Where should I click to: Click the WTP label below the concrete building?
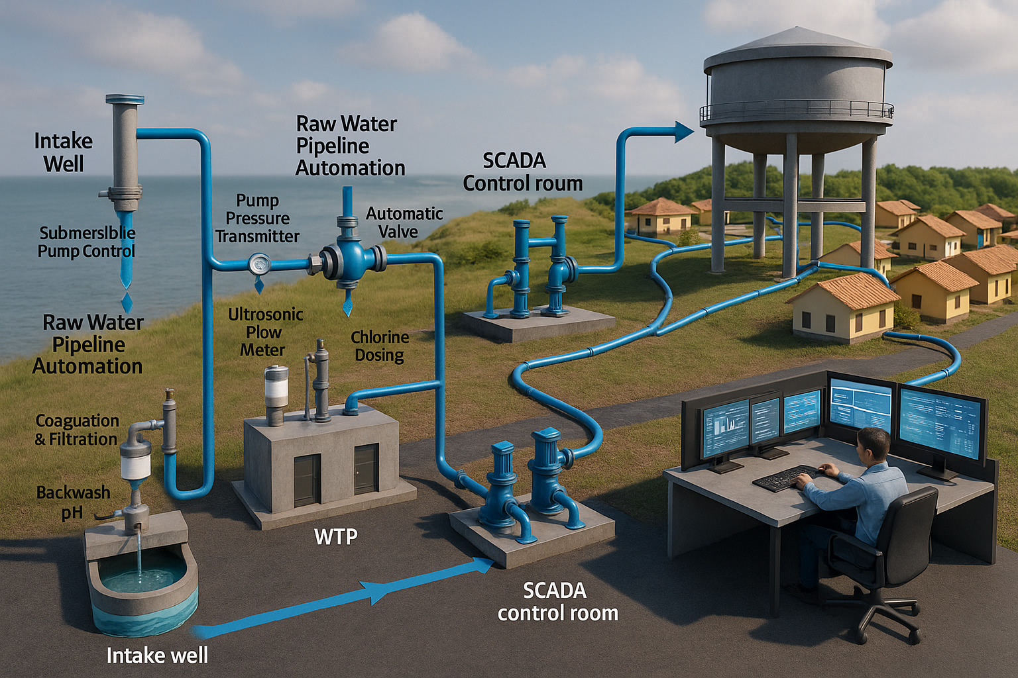click(336, 536)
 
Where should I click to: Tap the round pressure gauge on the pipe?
click(259, 265)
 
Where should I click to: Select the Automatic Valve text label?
click(404, 222)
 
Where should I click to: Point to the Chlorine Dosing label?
click(379, 346)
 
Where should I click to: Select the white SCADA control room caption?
click(557, 601)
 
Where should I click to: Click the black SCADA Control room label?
click(522, 171)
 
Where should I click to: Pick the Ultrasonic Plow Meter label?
click(265, 332)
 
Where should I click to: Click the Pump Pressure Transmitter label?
click(257, 218)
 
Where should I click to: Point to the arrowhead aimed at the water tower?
click(683, 132)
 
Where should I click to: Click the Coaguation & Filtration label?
click(77, 430)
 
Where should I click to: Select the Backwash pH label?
click(73, 502)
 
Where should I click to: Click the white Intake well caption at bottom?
click(157, 655)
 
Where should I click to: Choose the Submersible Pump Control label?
click(87, 242)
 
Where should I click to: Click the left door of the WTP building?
click(307, 481)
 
